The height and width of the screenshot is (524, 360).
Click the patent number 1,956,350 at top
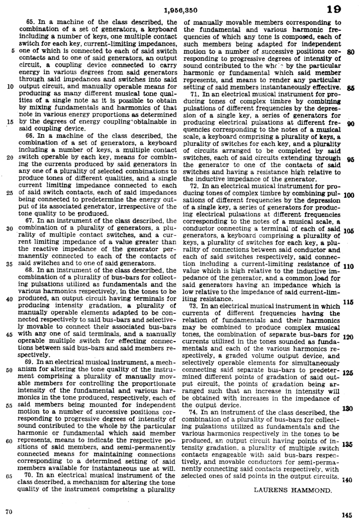click(x=179, y=10)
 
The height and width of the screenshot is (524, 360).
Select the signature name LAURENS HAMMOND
click(x=293, y=490)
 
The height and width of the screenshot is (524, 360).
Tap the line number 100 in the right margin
click(x=349, y=195)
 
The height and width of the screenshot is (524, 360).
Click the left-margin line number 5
click(x=12, y=51)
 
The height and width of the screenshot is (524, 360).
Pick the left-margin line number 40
click(x=10, y=299)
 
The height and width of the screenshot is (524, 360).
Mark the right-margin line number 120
click(x=349, y=337)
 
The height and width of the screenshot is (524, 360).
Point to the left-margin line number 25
click(x=10, y=193)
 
